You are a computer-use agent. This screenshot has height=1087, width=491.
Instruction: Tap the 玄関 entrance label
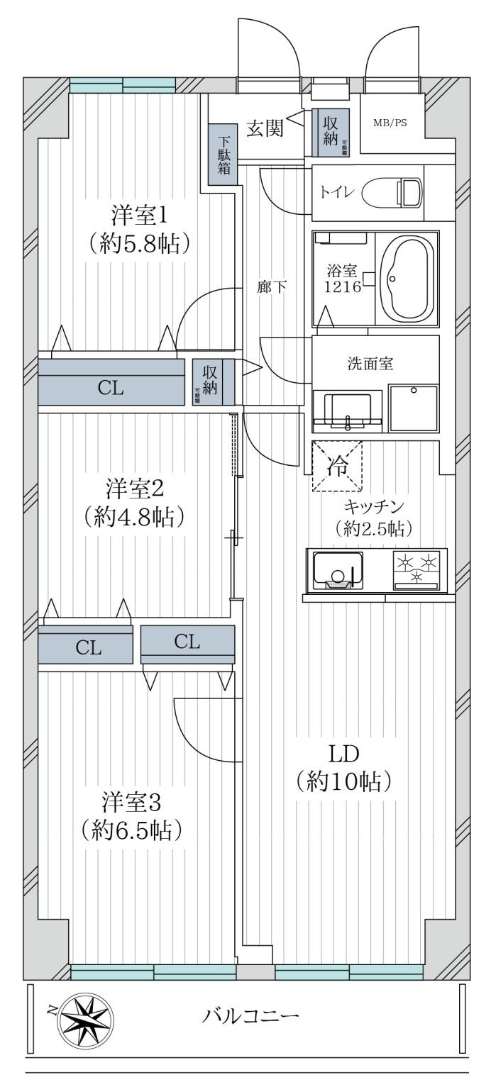(265, 128)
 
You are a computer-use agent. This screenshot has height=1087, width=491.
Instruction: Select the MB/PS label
(390, 121)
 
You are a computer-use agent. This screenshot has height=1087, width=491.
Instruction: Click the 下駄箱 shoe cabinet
(223, 154)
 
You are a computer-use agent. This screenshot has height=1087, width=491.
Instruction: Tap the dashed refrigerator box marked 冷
(337, 466)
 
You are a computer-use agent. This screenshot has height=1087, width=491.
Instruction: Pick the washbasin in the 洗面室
(347, 410)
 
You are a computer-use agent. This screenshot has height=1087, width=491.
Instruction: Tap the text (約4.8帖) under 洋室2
(134, 516)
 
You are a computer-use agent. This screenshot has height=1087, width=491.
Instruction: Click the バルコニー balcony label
(250, 1015)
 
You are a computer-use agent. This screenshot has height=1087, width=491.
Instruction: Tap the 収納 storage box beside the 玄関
(331, 133)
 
